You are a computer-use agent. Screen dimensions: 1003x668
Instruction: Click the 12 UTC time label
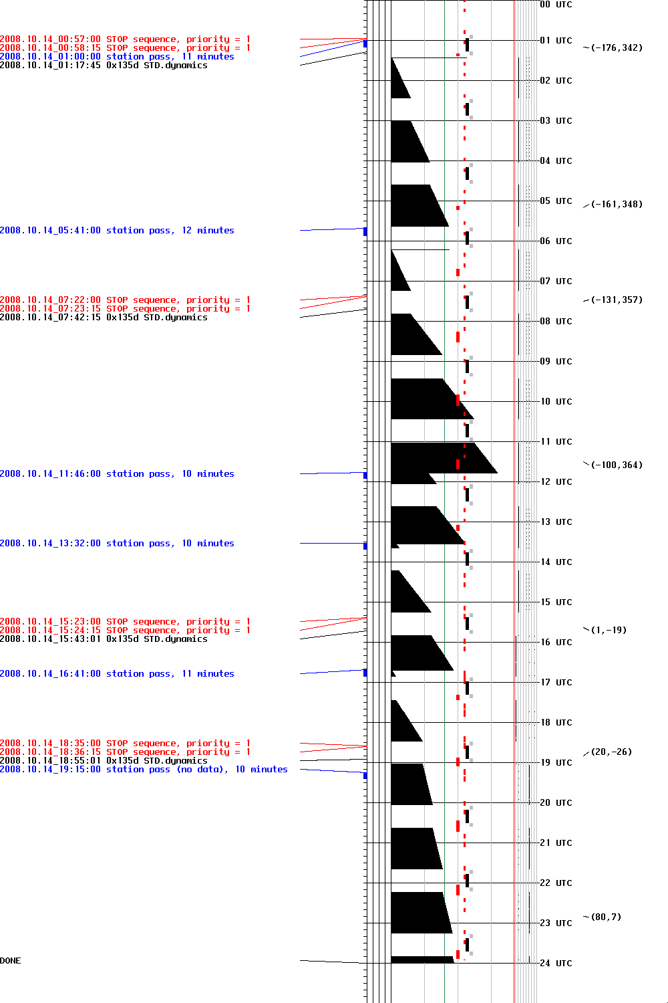pos(556,481)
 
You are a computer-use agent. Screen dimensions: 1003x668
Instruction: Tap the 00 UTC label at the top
pos(556,5)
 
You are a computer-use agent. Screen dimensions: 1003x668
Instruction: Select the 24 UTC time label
pos(556,963)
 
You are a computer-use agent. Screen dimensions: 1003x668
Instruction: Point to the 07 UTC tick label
pos(556,281)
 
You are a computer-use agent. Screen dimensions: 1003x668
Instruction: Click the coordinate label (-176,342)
pos(616,48)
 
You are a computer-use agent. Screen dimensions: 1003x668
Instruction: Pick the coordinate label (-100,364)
pos(616,465)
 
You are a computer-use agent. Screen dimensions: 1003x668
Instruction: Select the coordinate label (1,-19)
pos(608,630)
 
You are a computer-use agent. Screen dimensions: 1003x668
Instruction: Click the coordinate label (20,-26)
pos(611,752)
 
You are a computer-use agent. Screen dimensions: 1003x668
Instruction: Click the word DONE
pos(11,961)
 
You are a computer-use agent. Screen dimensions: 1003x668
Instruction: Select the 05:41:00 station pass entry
pos(117,231)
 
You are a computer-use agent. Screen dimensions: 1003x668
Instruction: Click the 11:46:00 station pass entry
pos(117,474)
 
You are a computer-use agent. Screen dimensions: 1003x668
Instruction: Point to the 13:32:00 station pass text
pos(117,544)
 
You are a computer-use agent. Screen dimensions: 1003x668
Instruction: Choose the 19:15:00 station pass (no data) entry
pos(144,770)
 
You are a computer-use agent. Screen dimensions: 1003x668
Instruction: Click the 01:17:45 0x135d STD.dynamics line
pos(104,66)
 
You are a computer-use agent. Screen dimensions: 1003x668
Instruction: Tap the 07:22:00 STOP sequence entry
pos(125,300)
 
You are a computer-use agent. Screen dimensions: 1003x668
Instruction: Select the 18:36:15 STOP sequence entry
pos(125,752)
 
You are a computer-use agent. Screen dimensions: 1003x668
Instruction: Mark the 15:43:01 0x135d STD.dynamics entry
pos(104,639)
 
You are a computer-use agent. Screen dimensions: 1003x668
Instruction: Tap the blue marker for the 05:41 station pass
pos(365,231)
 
